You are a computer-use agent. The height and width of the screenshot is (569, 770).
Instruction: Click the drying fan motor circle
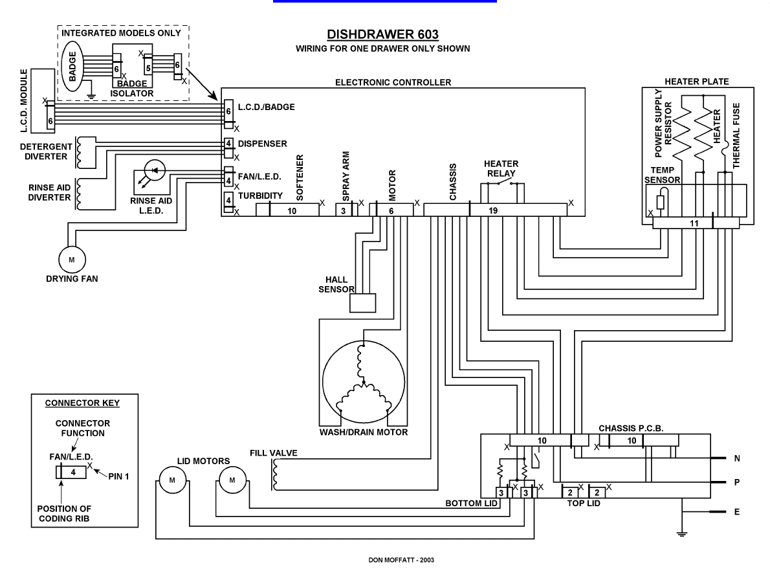click(71, 260)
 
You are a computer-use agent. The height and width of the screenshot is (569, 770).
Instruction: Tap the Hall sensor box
click(362, 303)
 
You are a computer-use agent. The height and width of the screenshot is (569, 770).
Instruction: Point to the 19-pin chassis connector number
click(494, 211)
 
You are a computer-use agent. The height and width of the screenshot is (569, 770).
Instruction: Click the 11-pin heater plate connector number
click(695, 223)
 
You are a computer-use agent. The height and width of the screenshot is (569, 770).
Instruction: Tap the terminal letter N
click(736, 458)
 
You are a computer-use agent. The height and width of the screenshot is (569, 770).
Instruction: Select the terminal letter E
click(736, 511)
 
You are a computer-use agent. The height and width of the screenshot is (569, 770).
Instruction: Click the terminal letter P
click(736, 483)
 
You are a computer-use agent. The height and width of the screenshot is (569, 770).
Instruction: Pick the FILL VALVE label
click(273, 452)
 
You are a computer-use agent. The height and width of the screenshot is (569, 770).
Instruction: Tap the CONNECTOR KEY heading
click(82, 403)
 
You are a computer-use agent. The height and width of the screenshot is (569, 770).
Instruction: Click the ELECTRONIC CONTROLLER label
click(393, 82)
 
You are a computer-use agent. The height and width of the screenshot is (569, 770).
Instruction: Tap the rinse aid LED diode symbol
click(155, 170)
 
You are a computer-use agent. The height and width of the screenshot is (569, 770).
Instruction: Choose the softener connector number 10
click(292, 211)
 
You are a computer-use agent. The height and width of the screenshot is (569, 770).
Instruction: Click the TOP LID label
click(584, 502)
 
